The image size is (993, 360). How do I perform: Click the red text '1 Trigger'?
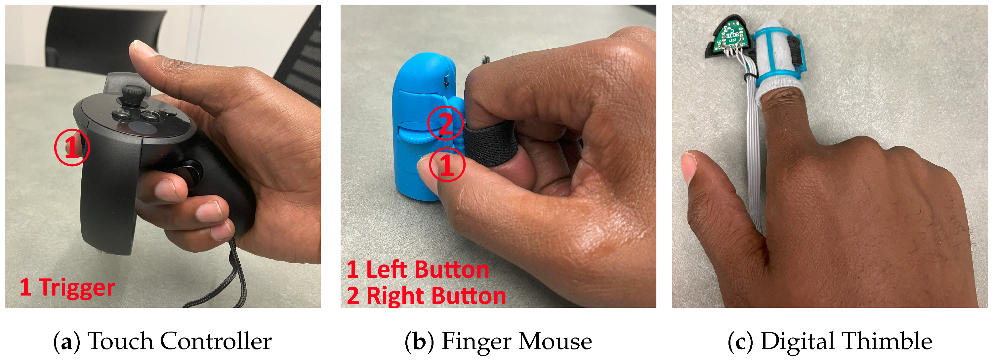(x=67, y=288)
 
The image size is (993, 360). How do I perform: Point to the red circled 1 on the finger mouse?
(x=447, y=165)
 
